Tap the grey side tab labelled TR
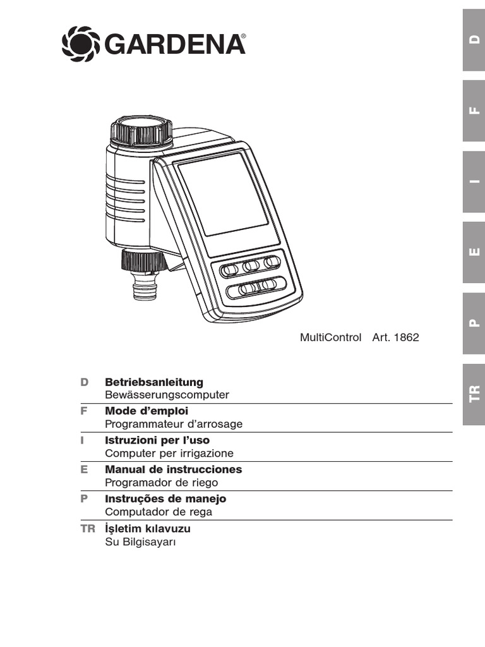[474, 394]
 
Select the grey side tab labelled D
[474, 40]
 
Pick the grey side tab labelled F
[474, 111]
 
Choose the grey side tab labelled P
[474, 323]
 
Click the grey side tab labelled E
[474, 252]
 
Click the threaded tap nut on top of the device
[141, 130]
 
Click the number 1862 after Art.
[406, 337]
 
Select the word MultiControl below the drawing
[330, 337]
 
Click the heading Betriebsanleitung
[154, 382]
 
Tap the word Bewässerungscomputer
[167, 395]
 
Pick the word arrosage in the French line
[217, 424]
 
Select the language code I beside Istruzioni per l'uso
[83, 440]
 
